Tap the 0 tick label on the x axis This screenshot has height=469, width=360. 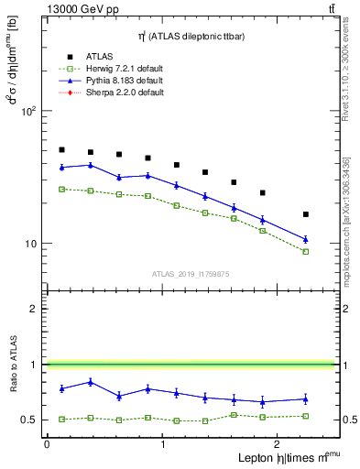pos(47,444)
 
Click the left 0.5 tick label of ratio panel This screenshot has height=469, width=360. pos(27,420)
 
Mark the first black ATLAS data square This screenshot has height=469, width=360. pos(61,149)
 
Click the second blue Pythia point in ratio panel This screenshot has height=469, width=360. pos(90,382)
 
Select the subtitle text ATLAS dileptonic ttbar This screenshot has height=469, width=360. pos(188,36)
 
